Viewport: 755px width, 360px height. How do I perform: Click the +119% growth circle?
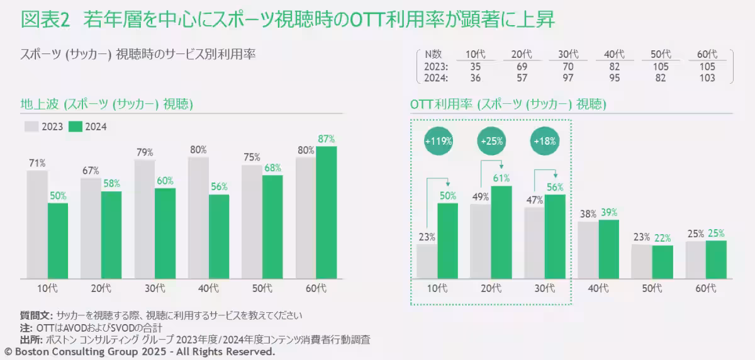pos(439,141)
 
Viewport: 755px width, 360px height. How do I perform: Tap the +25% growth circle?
pos(491,141)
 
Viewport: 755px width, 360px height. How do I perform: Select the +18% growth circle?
pos(544,141)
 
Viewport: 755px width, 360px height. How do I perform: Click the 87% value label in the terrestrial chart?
pos(327,139)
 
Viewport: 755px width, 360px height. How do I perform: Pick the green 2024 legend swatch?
pos(75,127)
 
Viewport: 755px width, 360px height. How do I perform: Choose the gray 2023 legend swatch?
pos(32,127)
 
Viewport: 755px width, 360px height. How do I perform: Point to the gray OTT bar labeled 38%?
pos(588,249)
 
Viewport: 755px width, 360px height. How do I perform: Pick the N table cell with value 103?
pos(708,78)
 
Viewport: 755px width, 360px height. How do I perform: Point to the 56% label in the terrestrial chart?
pos(219,187)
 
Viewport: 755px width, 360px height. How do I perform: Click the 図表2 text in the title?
pos(45,20)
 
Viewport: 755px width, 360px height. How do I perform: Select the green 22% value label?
pos(663,238)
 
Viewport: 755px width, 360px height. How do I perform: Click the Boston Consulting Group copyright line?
pos(140,352)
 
